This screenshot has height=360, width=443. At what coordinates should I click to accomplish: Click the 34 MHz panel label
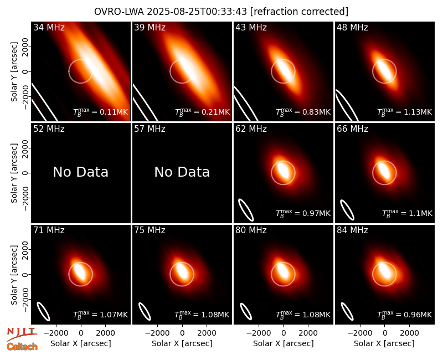49,27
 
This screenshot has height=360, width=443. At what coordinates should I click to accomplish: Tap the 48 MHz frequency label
352,27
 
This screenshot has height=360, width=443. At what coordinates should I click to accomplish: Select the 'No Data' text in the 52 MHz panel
81,172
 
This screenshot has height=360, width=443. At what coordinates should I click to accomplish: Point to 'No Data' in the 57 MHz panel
182,172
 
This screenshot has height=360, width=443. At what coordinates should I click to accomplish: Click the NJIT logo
22,333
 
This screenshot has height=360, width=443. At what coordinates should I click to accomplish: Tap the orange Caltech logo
22,347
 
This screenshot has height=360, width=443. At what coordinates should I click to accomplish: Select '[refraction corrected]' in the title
299,12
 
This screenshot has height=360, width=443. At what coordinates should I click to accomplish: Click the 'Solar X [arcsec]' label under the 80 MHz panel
283,343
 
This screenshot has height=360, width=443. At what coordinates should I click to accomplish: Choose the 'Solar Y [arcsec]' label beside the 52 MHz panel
14,173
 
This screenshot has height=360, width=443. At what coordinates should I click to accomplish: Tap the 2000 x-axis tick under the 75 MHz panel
207,333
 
